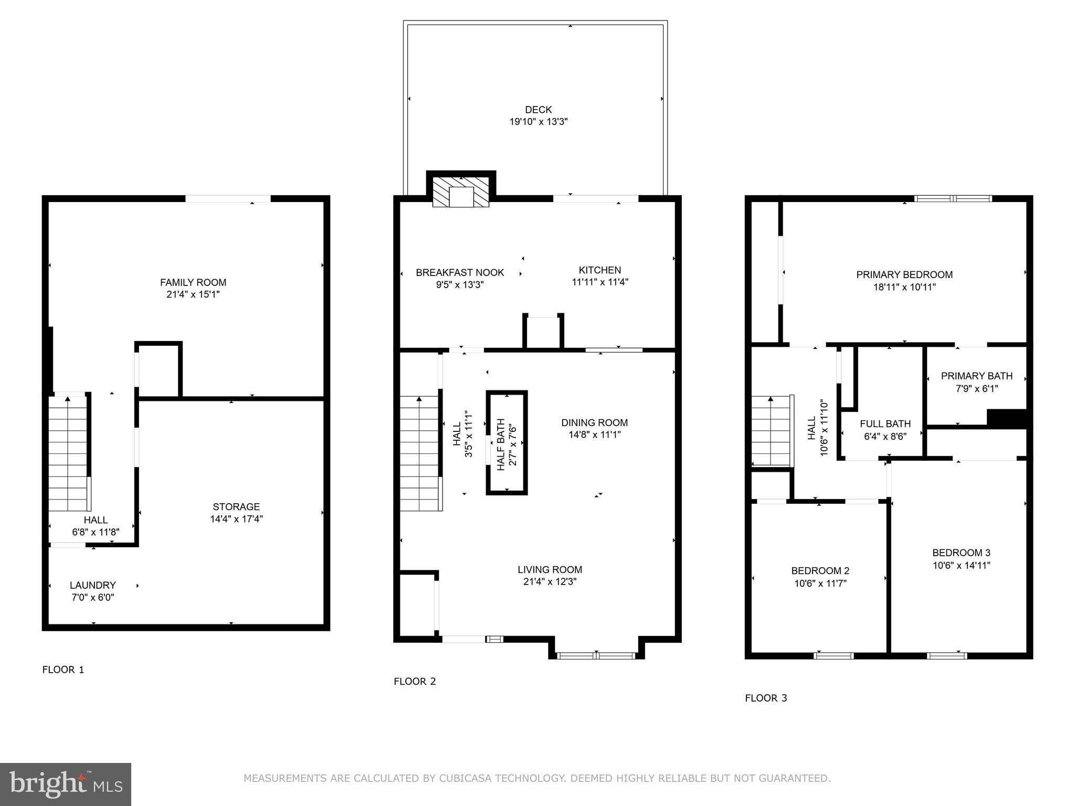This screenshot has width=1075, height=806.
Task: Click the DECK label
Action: pyautogui.click(x=538, y=110)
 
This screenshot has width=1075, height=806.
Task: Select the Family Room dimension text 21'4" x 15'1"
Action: pyautogui.click(x=193, y=294)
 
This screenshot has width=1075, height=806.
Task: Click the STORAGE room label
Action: pyautogui.click(x=236, y=507)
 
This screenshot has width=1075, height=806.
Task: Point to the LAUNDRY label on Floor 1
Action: pyautogui.click(x=93, y=585)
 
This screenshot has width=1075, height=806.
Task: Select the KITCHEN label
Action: pyautogui.click(x=599, y=270)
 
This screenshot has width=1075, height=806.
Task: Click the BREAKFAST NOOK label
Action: pyautogui.click(x=460, y=273)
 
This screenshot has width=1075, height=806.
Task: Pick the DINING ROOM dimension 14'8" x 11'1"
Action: pyautogui.click(x=594, y=434)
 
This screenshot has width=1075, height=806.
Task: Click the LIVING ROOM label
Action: pyautogui.click(x=550, y=569)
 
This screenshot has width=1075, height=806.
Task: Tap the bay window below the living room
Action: pyautogui.click(x=596, y=655)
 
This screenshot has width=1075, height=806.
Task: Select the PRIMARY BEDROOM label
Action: pyautogui.click(x=904, y=274)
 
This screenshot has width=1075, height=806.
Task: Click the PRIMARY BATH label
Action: pyautogui.click(x=976, y=376)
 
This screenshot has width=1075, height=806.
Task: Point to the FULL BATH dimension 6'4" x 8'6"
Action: pyautogui.click(x=885, y=436)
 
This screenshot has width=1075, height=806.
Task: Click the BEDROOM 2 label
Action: pyautogui.click(x=820, y=571)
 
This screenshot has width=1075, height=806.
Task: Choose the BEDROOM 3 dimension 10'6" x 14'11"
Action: pyautogui.click(x=961, y=565)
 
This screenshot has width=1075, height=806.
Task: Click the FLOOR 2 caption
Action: pyautogui.click(x=415, y=682)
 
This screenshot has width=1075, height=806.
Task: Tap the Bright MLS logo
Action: pyautogui.click(x=66, y=784)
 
